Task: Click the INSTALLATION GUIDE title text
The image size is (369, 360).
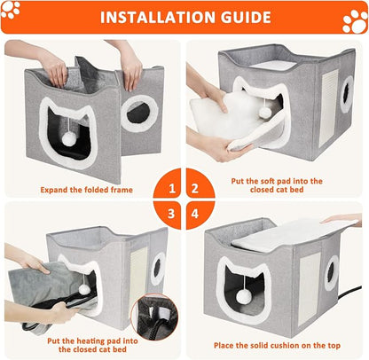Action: point(184,17)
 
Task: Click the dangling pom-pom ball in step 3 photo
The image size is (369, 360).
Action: point(85,289)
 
